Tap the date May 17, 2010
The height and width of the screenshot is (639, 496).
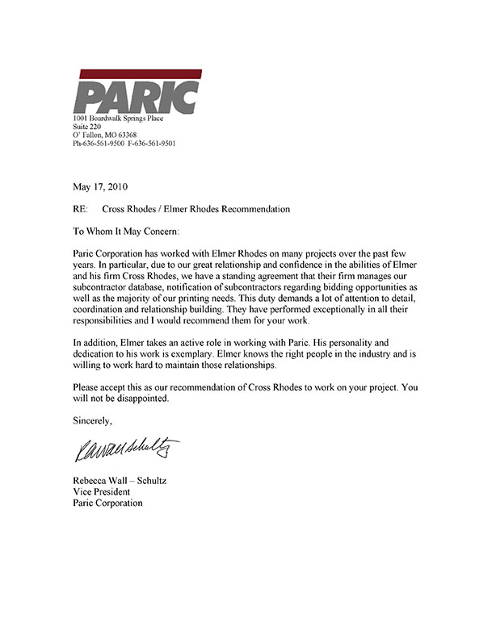101,187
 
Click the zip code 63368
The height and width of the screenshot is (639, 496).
125,136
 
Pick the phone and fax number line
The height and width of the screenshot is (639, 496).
124,144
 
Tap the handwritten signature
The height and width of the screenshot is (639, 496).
128,448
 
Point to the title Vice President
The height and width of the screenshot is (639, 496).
101,492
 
